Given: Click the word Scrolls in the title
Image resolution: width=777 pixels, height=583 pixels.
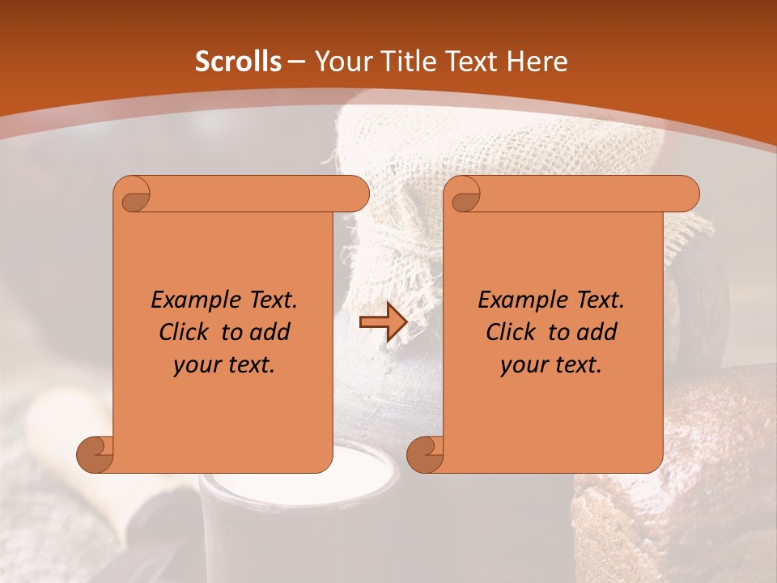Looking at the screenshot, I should click(238, 62).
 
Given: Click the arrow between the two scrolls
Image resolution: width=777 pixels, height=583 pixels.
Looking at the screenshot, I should click(382, 322).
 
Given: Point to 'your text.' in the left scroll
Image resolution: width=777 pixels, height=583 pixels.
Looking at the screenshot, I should click(224, 364).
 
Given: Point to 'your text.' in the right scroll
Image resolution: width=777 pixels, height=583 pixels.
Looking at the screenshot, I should click(551, 364).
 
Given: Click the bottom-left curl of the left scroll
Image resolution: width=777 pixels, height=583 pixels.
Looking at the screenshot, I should click(96, 453).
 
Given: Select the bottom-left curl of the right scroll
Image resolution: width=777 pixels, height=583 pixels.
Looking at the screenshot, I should click(426, 453).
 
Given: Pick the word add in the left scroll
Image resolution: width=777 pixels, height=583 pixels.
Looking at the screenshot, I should click(270, 332).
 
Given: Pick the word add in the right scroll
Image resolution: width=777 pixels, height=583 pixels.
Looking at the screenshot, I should click(597, 332).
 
